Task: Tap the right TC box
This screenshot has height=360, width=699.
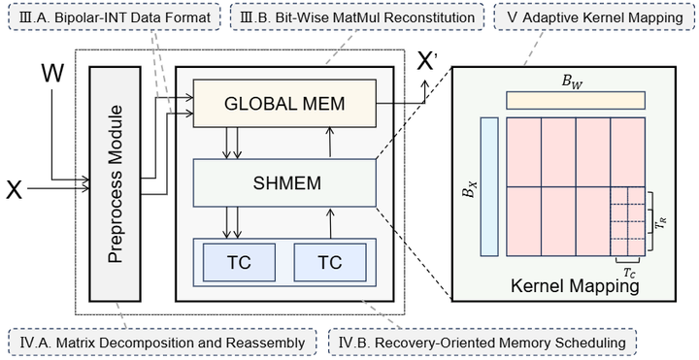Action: (330, 262)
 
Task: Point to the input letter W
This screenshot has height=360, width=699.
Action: (56, 73)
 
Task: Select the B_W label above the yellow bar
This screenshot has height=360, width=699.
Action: (575, 82)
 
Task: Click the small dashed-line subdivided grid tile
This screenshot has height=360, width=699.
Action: (627, 224)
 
